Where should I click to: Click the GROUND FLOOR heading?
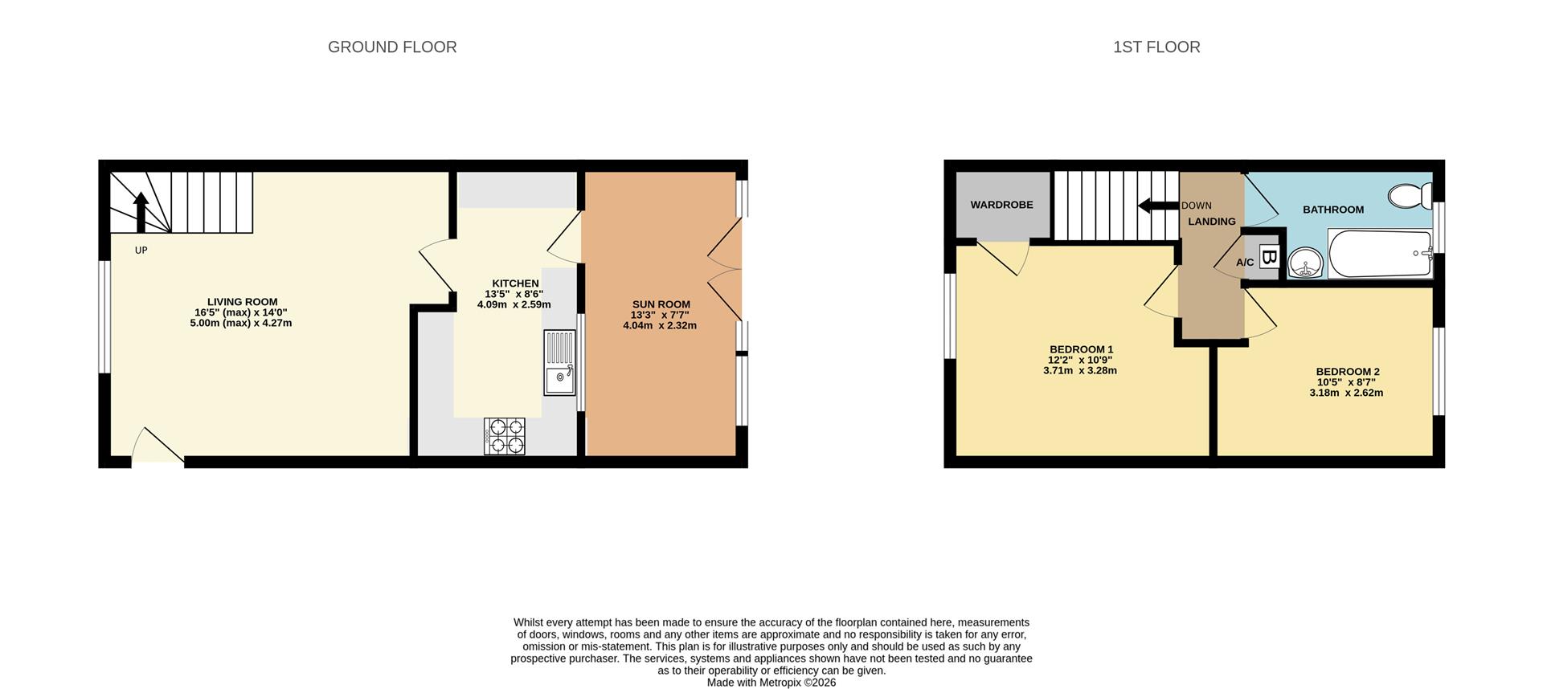click(392, 47)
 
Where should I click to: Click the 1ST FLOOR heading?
click(1156, 47)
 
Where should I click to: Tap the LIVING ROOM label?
click(242, 302)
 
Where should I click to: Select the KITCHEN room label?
click(515, 283)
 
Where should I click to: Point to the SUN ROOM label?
click(661, 304)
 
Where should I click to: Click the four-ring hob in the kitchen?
click(504, 436)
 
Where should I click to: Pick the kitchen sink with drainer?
click(560, 363)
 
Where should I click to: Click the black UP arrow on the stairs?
click(141, 212)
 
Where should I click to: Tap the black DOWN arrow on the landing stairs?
click(1158, 206)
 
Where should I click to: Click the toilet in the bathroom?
click(1410, 194)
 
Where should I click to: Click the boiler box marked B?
click(1269, 257)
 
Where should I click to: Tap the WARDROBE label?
click(1001, 205)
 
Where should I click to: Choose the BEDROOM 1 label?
click(1081, 349)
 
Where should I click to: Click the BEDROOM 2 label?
click(1348, 372)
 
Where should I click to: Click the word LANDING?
click(1212, 222)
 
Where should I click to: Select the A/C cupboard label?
click(1245, 263)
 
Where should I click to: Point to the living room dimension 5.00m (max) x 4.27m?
click(241, 324)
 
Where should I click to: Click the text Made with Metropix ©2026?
click(771, 683)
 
